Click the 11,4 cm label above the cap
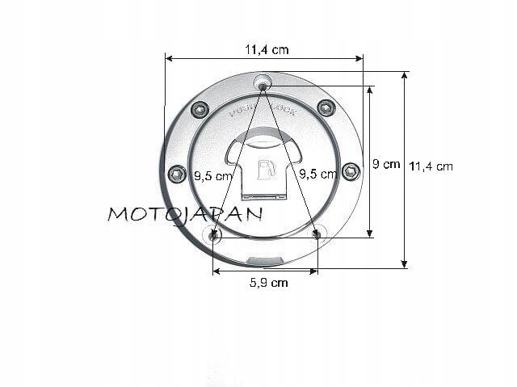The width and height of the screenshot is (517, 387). pyautogui.click(x=267, y=49)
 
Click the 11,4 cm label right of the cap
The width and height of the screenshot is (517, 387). pyautogui.click(x=431, y=166)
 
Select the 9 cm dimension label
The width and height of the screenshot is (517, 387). pyautogui.click(x=386, y=164)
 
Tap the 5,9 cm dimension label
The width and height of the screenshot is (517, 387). pyautogui.click(x=267, y=283)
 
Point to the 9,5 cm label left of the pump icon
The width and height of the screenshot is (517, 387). pyautogui.click(x=214, y=174)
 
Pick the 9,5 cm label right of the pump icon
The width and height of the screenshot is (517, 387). pyautogui.click(x=317, y=174)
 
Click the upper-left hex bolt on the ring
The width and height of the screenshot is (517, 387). pyautogui.click(x=200, y=109)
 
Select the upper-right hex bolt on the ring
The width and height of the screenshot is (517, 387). pyautogui.click(x=326, y=107)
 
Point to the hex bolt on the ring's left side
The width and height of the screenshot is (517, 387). pyautogui.click(x=177, y=173)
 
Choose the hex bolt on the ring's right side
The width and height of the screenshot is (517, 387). pyautogui.click(x=351, y=170)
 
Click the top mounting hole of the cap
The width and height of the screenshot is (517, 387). pyautogui.click(x=263, y=84)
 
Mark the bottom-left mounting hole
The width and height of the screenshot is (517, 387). pyautogui.click(x=213, y=236)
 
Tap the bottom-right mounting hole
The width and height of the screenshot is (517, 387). pyautogui.click(x=317, y=235)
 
